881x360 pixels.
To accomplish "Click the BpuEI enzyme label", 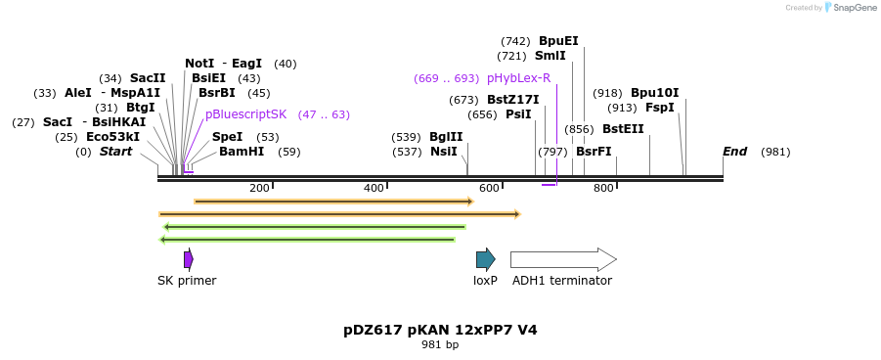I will pyautogui.click(x=558, y=41).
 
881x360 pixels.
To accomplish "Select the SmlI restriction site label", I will pyautogui.click(x=550, y=56).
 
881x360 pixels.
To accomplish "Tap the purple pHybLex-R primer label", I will pyautogui.click(x=518, y=78).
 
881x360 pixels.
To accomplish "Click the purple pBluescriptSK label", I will pyautogui.click(x=245, y=114).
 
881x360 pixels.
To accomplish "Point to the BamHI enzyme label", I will pyautogui.click(x=242, y=152).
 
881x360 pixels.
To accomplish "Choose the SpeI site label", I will pyautogui.click(x=227, y=137).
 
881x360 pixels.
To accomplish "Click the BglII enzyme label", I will pyautogui.click(x=446, y=137).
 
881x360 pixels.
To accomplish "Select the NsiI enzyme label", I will pyautogui.click(x=443, y=152).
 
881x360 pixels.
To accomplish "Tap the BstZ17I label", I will pyautogui.click(x=513, y=100).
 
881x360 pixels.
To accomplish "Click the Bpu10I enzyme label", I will pyautogui.click(x=654, y=93).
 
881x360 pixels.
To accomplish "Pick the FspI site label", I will pyautogui.click(x=660, y=108).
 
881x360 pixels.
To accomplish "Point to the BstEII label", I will pyautogui.click(x=623, y=129).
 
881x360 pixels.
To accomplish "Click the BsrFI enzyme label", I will pyautogui.click(x=594, y=152).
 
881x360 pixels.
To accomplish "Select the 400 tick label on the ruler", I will pyautogui.click(x=374, y=188).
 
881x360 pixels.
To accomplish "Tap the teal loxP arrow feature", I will pyautogui.click(x=485, y=259).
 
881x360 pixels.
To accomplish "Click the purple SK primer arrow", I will pyautogui.click(x=189, y=259).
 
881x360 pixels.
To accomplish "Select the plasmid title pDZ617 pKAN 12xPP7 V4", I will pyautogui.click(x=440, y=330).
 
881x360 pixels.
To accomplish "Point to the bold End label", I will pyautogui.click(x=734, y=152).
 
